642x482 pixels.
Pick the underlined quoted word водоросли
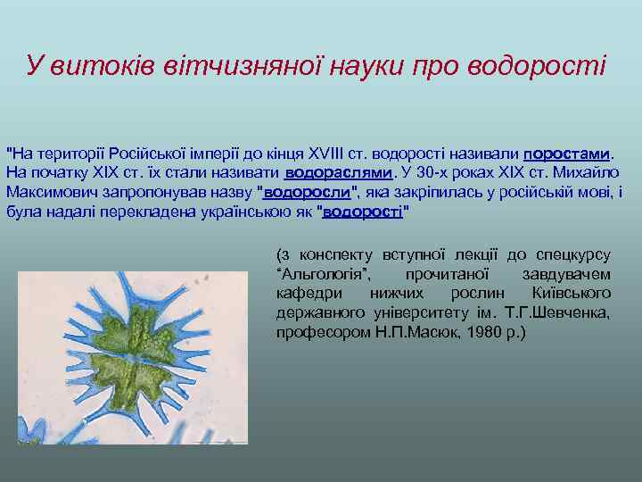[307, 192]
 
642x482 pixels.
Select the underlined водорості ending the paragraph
[363, 212]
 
